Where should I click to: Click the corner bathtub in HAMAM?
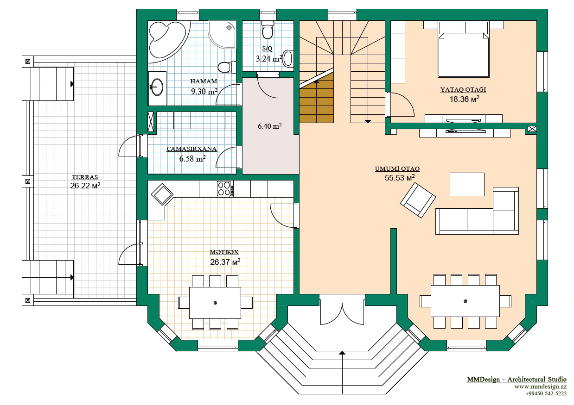pyautogui.click(x=166, y=41)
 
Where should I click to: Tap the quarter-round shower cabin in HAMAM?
pyautogui.click(x=222, y=35)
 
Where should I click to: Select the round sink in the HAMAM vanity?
pyautogui.click(x=156, y=87)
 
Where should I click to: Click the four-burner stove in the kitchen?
pyautogui.click(x=225, y=188)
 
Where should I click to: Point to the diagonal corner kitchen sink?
pyautogui.click(x=162, y=194)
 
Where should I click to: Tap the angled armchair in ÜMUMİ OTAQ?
pyautogui.click(x=418, y=200)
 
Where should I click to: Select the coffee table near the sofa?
pyautogui.click(x=467, y=184)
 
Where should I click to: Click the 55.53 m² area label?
pyautogui.click(x=400, y=178)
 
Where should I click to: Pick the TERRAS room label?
pyautogui.click(x=85, y=177)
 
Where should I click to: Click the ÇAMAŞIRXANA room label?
pyautogui.click(x=191, y=149)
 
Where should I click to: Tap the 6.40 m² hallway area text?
pyautogui.click(x=269, y=126)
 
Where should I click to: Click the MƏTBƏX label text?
pyautogui.click(x=224, y=252)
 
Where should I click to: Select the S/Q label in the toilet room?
pyautogui.click(x=267, y=49)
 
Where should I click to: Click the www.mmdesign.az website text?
pyautogui.click(x=540, y=386)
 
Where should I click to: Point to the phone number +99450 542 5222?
pyautogui.click(x=546, y=394)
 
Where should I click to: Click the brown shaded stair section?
pyautogui.click(x=317, y=101)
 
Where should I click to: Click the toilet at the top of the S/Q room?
pyautogui.click(x=267, y=30)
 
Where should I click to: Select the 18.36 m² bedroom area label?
pyautogui.click(x=464, y=99)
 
